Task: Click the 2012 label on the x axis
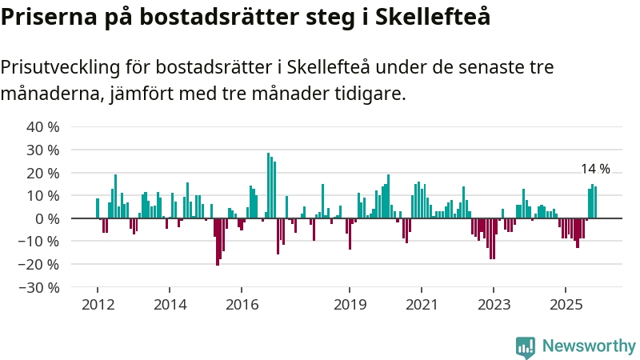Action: point(97,304)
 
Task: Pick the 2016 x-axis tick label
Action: point(242,304)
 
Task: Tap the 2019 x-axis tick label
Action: point(350,304)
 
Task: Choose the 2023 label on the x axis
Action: point(494,304)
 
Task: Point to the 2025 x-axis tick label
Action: point(566,304)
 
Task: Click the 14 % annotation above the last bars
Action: point(595,169)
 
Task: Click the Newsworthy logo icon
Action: point(526,346)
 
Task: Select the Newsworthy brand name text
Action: point(589,346)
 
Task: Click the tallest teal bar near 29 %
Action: point(268,186)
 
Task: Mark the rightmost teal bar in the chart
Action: point(595,202)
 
